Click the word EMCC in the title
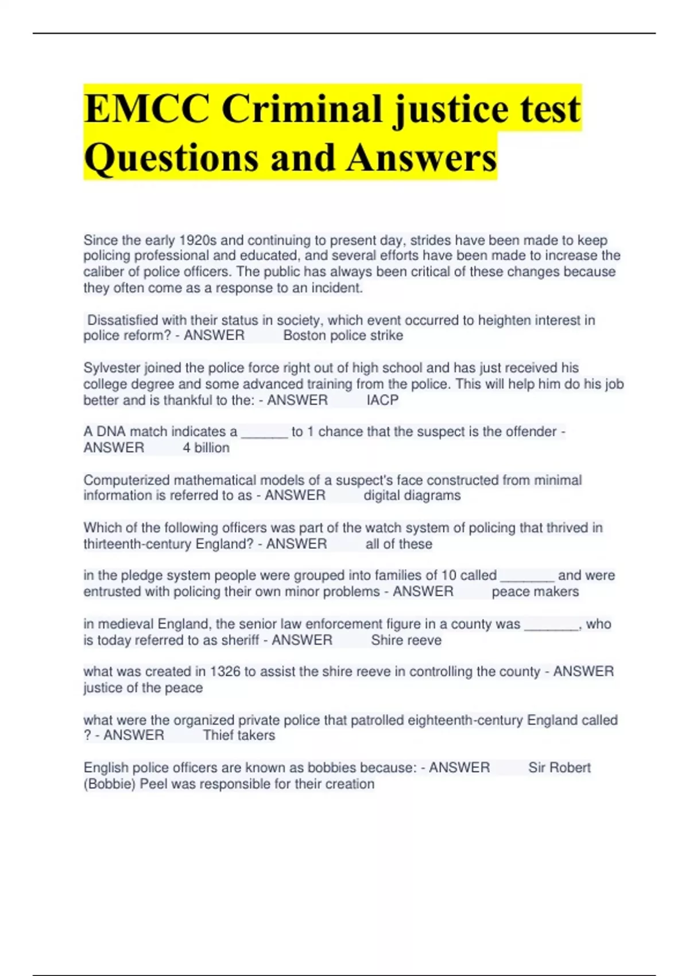pos(146,109)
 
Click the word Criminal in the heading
pos(302,109)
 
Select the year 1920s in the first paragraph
pos(198,240)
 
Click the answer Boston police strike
pos(343,335)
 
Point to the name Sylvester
pos(111,367)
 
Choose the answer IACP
pos(382,400)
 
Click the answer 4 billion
pos(206,448)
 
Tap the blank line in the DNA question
pos(265,432)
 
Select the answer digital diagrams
pos(412,495)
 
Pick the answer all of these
pos(398,544)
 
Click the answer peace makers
pos(535,591)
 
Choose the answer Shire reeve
pos(406,640)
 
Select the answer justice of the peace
pos(143,688)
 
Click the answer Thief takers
pos(239,735)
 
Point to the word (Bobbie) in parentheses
pos(110,784)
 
